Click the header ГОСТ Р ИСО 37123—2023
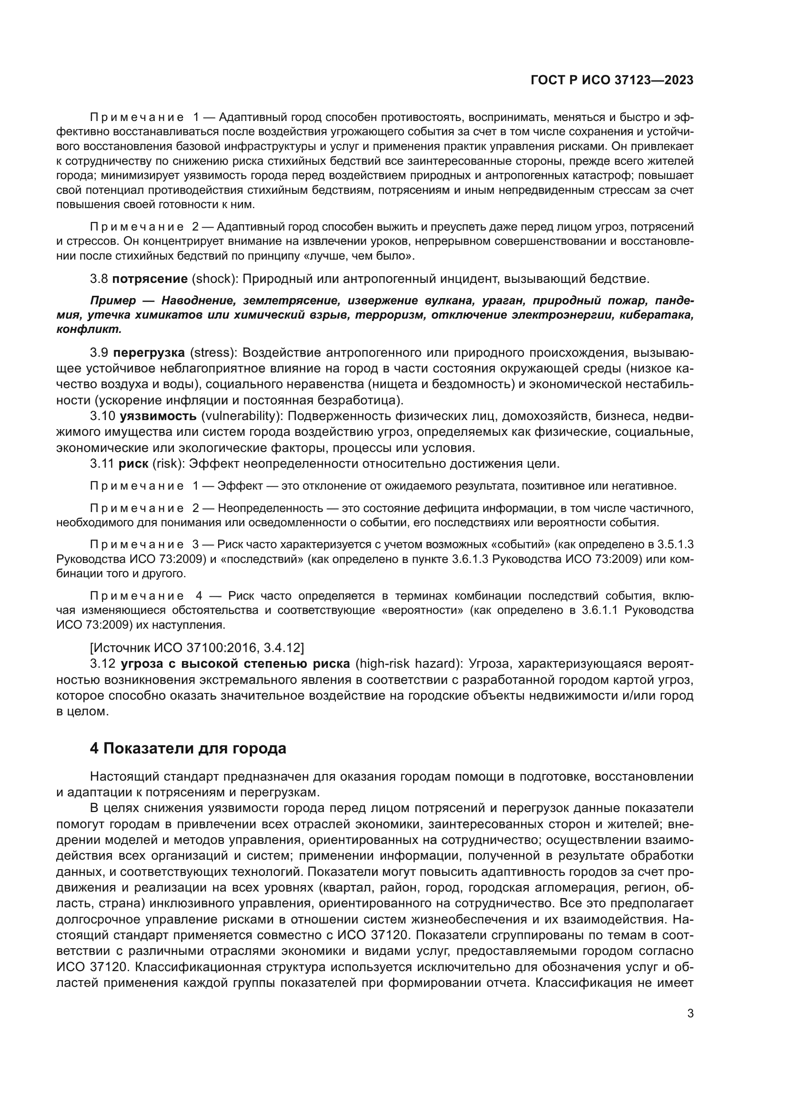tap(612, 80)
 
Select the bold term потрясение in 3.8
tap(150, 279)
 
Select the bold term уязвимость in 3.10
tap(158, 416)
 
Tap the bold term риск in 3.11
tap(133, 463)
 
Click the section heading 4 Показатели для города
tap(188, 748)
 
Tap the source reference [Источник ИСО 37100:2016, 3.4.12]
tap(197, 647)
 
